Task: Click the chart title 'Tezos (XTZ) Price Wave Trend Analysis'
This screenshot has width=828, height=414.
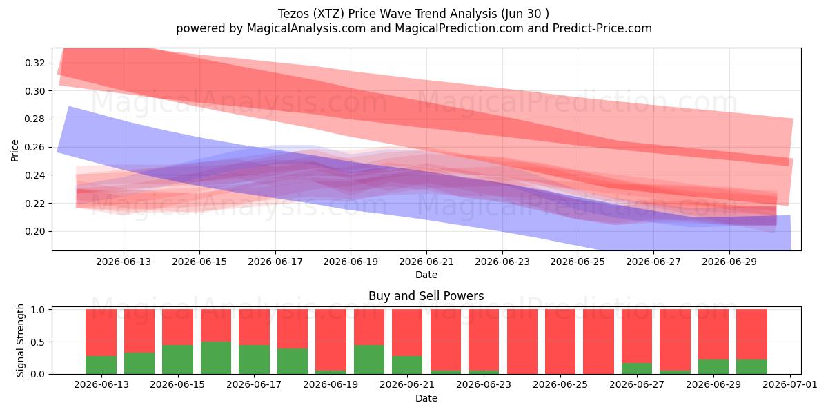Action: (387, 14)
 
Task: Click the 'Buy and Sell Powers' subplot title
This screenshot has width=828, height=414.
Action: (426, 296)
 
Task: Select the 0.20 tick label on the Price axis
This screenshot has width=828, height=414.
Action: (35, 231)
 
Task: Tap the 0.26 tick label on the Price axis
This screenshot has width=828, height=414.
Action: (35, 147)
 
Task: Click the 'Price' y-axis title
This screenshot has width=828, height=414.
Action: (14, 150)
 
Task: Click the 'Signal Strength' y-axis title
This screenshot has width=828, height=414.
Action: (20, 340)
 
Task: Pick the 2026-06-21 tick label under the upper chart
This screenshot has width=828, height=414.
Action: (426, 262)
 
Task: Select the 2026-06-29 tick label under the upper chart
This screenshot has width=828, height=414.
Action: (729, 262)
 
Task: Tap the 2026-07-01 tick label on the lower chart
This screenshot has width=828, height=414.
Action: (790, 384)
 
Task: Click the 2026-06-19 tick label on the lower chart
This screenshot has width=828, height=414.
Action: (331, 384)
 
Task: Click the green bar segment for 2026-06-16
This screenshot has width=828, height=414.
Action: (216, 358)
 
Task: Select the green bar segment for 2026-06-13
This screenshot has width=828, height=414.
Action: (101, 365)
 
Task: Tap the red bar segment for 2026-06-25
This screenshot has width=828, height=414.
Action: (560, 342)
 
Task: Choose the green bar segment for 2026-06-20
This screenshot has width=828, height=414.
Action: (369, 359)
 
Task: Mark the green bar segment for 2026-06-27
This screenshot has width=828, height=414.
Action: (637, 368)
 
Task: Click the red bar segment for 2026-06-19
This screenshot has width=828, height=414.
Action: (331, 339)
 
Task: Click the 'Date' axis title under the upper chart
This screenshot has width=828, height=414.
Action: (426, 275)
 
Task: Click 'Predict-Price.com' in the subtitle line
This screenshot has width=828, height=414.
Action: (602, 28)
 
